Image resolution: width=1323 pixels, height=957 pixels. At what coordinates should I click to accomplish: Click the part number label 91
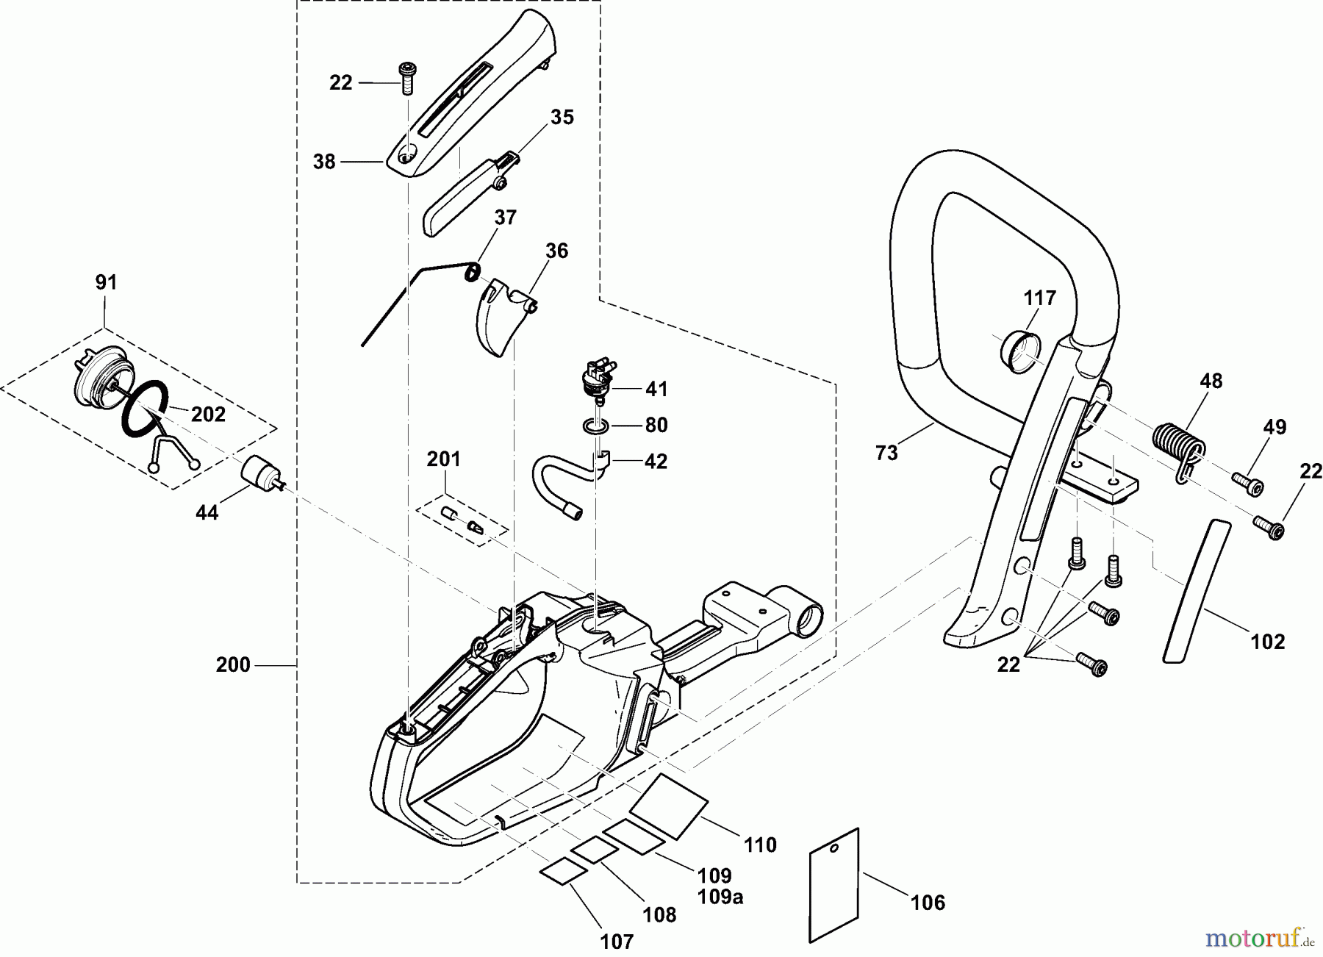click(x=106, y=283)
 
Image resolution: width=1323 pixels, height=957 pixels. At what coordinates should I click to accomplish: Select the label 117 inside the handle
click(x=1040, y=298)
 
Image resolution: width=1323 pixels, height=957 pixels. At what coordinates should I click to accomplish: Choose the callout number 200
click(x=233, y=665)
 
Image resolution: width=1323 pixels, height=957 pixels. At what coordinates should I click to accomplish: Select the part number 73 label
click(x=887, y=454)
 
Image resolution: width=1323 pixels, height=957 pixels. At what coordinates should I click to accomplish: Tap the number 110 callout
click(x=760, y=845)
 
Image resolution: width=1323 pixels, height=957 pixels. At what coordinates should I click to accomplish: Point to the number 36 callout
click(x=556, y=251)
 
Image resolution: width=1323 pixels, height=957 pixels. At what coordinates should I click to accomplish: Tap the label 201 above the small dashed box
click(x=443, y=460)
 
